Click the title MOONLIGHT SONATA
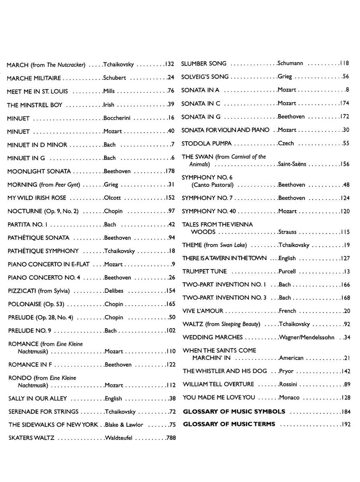pyautogui.click(x=39, y=172)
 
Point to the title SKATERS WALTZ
pyautogui.click(x=31, y=438)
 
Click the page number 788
pyautogui.click(x=171, y=438)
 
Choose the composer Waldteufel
pyautogui.click(x=119, y=438)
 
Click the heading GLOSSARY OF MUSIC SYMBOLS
pyautogui.click(x=234, y=411)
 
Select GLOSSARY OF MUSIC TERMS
pyautogui.click(x=229, y=424)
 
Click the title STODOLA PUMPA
pyautogui.click(x=207, y=143)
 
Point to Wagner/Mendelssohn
pyautogui.click(x=307, y=337)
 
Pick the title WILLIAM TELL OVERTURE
pyautogui.click(x=218, y=384)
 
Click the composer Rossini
pyautogui.click(x=288, y=384)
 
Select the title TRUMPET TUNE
pyautogui.click(x=205, y=272)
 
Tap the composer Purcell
pyautogui.click(x=287, y=272)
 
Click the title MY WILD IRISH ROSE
pyautogui.click(x=37, y=198)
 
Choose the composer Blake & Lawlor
pyautogui.click(x=124, y=425)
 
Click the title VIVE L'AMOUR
pyautogui.click(x=203, y=311)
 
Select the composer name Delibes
pyautogui.click(x=114, y=291)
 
